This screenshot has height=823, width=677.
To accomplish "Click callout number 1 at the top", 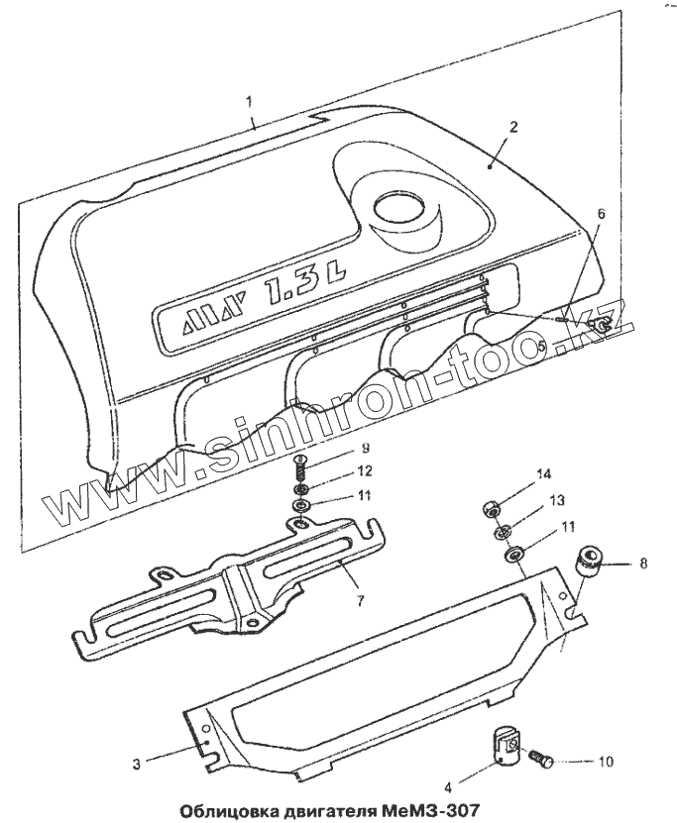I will (x=250, y=100).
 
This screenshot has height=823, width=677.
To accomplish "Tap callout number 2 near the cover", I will (x=513, y=128).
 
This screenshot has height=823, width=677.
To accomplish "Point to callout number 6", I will (x=601, y=212).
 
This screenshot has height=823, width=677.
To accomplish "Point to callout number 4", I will (x=448, y=788).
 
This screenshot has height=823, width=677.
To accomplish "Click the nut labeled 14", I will (x=489, y=509).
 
